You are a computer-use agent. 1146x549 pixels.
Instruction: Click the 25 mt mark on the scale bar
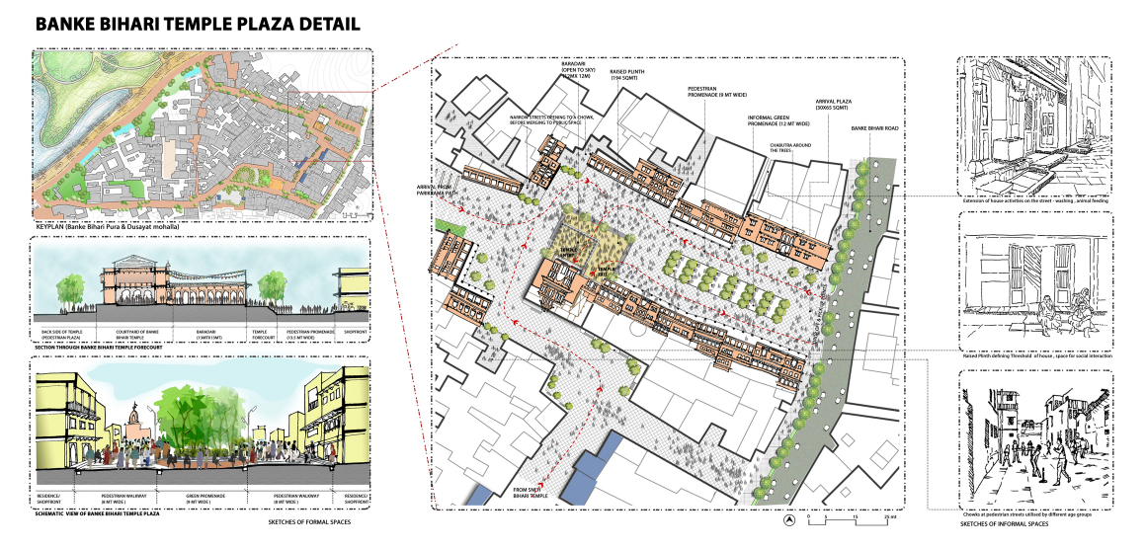892,517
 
